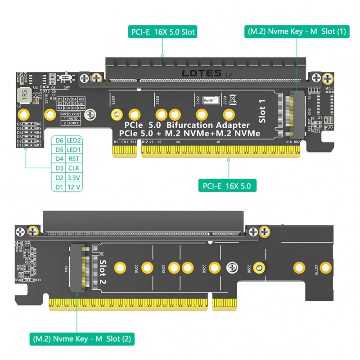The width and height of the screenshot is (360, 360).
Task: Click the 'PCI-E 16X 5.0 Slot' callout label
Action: (163, 32)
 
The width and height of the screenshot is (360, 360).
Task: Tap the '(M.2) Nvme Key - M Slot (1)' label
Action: (297, 32)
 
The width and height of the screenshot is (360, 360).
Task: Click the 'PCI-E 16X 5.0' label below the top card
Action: (229, 184)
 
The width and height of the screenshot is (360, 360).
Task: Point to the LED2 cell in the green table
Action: (73, 140)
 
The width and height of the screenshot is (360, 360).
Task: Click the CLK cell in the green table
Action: (73, 168)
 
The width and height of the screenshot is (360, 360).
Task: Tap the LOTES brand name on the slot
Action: (201, 73)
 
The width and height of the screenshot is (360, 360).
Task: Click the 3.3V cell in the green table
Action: (73, 178)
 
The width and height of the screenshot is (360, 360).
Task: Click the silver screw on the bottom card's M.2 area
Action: (232, 267)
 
